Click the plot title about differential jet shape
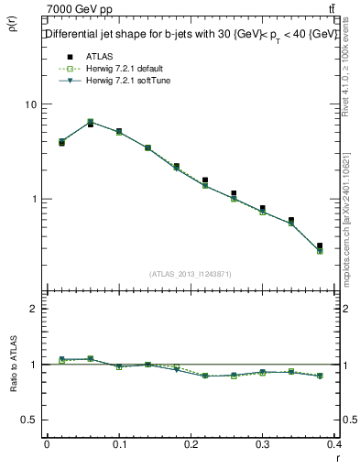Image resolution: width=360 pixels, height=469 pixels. click(192, 34)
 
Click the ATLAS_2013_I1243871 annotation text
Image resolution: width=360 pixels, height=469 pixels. click(191, 274)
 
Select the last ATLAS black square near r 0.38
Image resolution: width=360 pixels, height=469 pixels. click(320, 245)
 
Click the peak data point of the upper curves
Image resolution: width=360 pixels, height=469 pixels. click(90, 122)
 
